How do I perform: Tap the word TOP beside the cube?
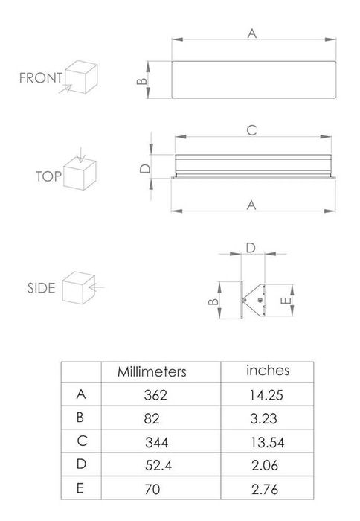[47, 176]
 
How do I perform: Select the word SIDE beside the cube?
[42, 288]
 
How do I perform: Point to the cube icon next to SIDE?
[76, 287]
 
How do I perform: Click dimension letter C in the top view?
[251, 130]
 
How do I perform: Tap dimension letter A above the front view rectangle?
[252, 33]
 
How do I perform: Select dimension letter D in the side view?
[251, 246]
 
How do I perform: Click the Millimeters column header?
[152, 371]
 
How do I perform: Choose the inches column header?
[268, 370]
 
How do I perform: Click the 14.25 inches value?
[267, 395]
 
